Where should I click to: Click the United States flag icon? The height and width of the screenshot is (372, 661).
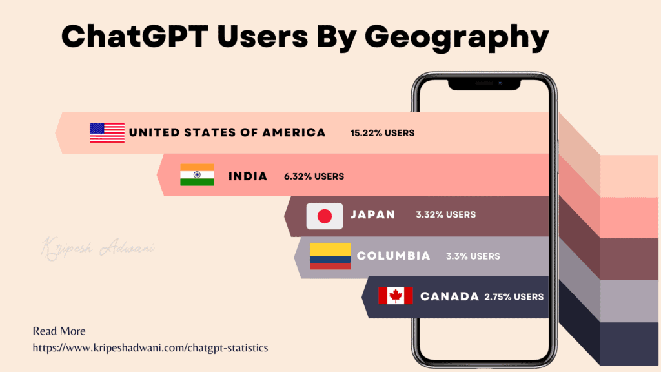(107, 132)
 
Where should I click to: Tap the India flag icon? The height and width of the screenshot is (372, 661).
(197, 175)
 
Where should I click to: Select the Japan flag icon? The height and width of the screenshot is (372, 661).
(324, 216)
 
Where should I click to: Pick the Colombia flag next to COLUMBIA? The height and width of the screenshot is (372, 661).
(330, 256)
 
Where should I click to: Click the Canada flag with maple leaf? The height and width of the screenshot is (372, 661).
(395, 296)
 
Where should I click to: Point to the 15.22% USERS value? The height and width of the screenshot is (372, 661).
(382, 133)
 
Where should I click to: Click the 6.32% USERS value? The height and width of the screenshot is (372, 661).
(314, 176)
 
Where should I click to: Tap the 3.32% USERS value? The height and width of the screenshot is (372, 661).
(445, 214)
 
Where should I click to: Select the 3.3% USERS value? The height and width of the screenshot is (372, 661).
(473, 256)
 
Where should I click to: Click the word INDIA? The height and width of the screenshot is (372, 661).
(248, 176)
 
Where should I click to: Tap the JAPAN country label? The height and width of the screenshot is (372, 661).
(372, 214)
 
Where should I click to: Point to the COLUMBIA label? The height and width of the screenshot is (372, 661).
(393, 256)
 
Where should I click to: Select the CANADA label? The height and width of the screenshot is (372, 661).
(449, 296)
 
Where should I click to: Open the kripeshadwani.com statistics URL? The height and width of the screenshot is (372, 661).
(150, 348)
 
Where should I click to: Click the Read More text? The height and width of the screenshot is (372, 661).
(59, 331)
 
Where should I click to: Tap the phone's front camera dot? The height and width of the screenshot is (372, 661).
(499, 83)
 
